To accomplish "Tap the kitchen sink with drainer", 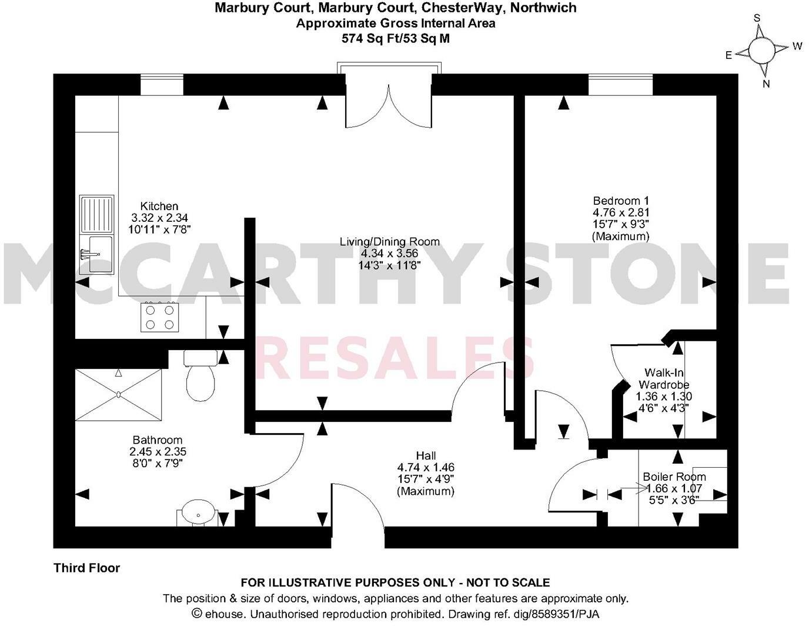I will coord(97,234).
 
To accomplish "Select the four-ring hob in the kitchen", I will coord(160,316).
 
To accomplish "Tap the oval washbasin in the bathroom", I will coord(198,513).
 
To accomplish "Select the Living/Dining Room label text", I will coord(389,242).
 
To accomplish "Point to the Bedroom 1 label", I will coord(620,201).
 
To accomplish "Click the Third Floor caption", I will coord(87,568).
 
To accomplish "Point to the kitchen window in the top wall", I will coord(162,85).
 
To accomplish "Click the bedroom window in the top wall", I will coord(620,85).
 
